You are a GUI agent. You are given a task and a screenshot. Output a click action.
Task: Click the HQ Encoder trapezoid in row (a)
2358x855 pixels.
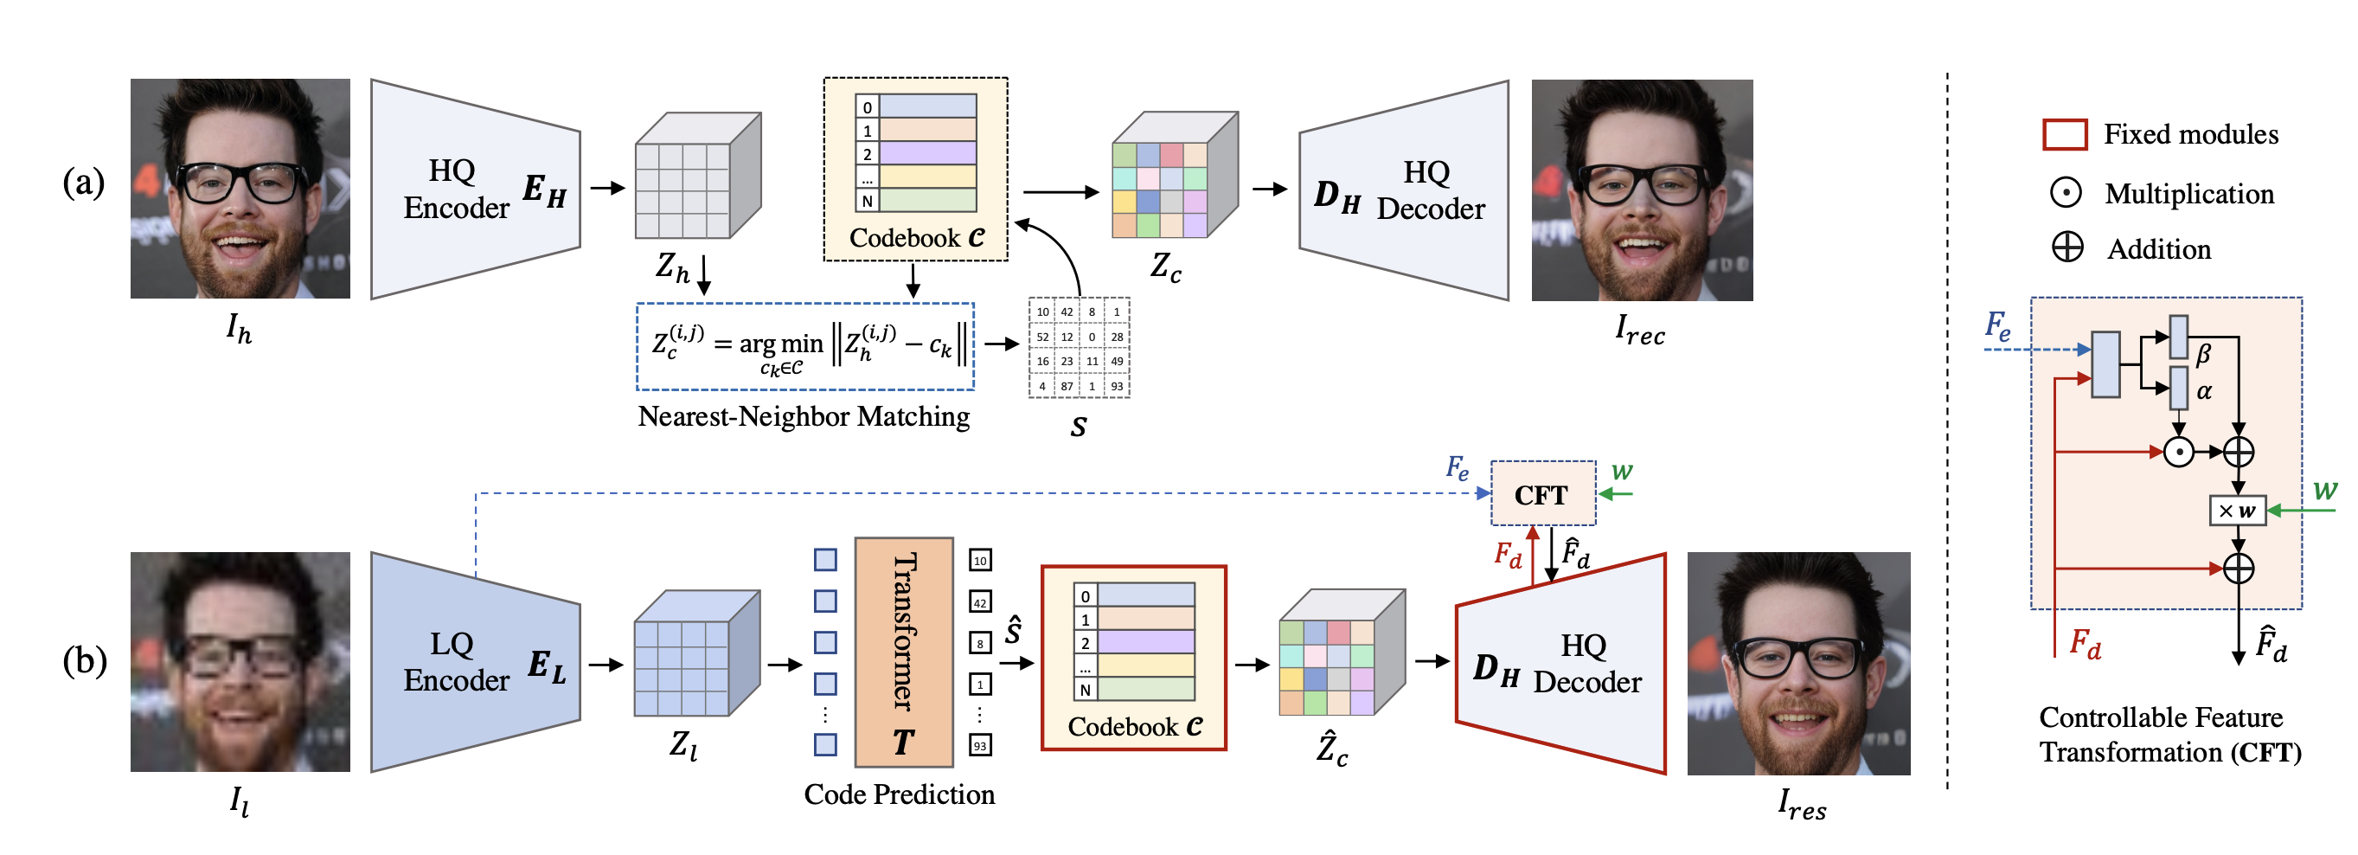(475, 190)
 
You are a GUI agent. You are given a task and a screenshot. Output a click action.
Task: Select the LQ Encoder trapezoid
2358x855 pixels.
(475, 663)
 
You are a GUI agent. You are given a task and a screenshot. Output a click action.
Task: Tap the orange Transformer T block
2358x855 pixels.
(903, 652)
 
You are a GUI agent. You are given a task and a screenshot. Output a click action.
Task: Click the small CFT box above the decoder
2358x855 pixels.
(1542, 494)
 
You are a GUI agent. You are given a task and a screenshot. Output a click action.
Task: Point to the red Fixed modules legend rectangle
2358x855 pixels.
(2064, 134)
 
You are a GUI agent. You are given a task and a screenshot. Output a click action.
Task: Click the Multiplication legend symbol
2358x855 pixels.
(2065, 193)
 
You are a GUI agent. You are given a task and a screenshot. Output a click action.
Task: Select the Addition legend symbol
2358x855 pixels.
(2066, 247)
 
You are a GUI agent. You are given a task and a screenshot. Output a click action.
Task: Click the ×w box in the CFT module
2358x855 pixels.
(2236, 511)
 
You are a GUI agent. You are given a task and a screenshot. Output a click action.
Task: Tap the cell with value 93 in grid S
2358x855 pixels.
(1117, 386)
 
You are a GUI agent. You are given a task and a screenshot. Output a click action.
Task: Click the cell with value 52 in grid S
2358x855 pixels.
(1041, 337)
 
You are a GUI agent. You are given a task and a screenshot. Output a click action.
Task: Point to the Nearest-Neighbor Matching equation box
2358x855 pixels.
(804, 347)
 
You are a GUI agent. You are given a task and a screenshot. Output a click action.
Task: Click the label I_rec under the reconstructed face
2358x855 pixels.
(1639, 330)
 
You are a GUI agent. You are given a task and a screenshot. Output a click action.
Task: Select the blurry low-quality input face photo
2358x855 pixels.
(240, 662)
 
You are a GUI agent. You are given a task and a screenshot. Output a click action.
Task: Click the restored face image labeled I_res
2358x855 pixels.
(1797, 664)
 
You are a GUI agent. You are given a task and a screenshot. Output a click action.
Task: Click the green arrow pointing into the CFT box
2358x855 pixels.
(1618, 494)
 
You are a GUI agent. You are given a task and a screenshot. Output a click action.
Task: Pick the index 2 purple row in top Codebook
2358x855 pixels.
(926, 153)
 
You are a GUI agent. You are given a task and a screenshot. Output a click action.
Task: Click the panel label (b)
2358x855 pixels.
(83, 660)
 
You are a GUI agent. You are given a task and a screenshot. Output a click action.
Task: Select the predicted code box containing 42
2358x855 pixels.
(979, 602)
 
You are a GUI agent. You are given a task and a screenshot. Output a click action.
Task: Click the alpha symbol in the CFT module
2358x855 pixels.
(2203, 392)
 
